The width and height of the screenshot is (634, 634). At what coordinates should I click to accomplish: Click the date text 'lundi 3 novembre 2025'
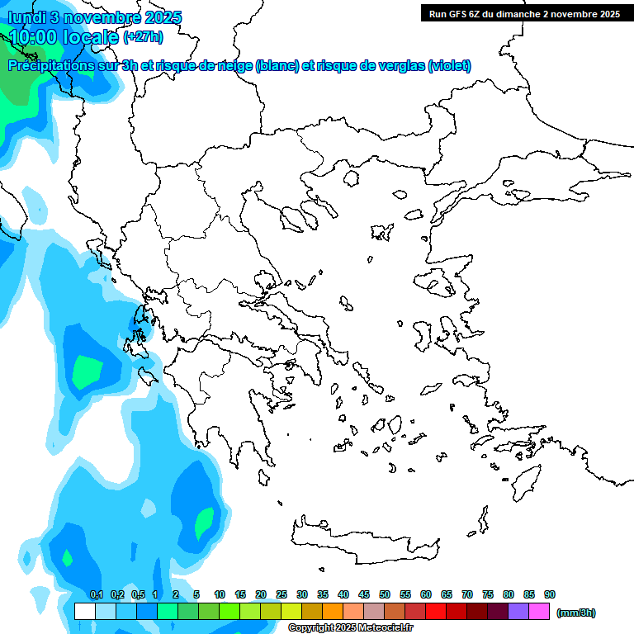click(x=95, y=17)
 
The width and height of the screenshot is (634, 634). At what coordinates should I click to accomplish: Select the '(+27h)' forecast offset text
click(x=143, y=37)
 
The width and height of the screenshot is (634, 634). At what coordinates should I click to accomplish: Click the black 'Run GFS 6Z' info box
click(x=524, y=13)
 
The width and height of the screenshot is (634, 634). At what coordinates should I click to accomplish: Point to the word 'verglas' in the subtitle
click(x=398, y=66)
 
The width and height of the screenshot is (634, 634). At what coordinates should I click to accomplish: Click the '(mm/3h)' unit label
click(x=576, y=613)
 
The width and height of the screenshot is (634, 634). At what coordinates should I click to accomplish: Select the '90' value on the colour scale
click(x=550, y=594)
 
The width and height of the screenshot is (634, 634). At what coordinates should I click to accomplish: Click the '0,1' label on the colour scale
click(x=97, y=594)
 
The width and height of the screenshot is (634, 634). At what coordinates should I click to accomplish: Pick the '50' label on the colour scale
click(x=385, y=594)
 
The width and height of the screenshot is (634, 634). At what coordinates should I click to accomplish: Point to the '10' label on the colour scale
click(x=220, y=594)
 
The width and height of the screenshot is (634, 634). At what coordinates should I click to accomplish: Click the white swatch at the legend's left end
click(x=84, y=612)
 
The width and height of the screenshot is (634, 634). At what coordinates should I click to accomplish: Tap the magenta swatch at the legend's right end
click(x=539, y=612)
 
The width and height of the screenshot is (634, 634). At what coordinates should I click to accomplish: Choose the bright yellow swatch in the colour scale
click(x=291, y=612)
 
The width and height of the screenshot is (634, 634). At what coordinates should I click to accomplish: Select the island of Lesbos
click(x=440, y=285)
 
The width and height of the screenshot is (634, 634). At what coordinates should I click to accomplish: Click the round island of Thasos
click(x=350, y=177)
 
